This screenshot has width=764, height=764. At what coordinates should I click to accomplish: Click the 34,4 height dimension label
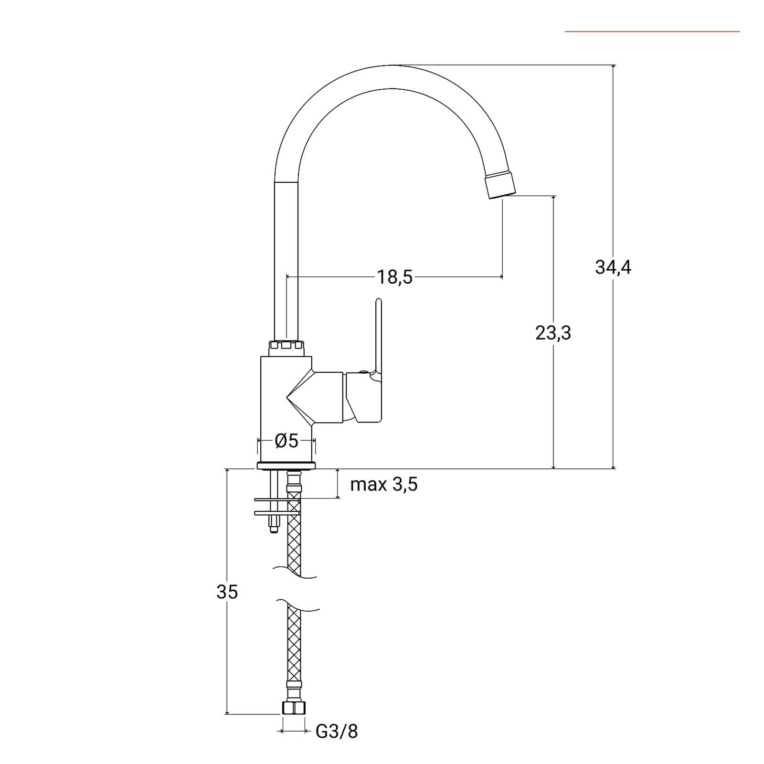click(x=613, y=267)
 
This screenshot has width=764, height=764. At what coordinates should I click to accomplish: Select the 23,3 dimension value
click(x=553, y=333)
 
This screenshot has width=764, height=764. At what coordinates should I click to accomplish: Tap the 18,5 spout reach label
click(x=395, y=277)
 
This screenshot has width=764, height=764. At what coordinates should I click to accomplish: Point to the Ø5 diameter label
click(x=286, y=440)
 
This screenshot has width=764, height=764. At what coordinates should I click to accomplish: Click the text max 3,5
click(x=384, y=484)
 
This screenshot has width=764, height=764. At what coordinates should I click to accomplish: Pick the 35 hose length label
click(x=227, y=592)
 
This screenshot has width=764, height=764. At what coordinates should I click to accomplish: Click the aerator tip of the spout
click(x=500, y=185)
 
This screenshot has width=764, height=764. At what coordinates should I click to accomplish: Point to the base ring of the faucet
click(x=286, y=466)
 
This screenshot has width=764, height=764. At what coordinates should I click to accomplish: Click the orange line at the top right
click(x=652, y=32)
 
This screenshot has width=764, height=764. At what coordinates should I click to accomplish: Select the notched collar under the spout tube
click(x=286, y=349)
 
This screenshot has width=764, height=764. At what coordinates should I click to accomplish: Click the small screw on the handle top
click(x=363, y=372)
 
